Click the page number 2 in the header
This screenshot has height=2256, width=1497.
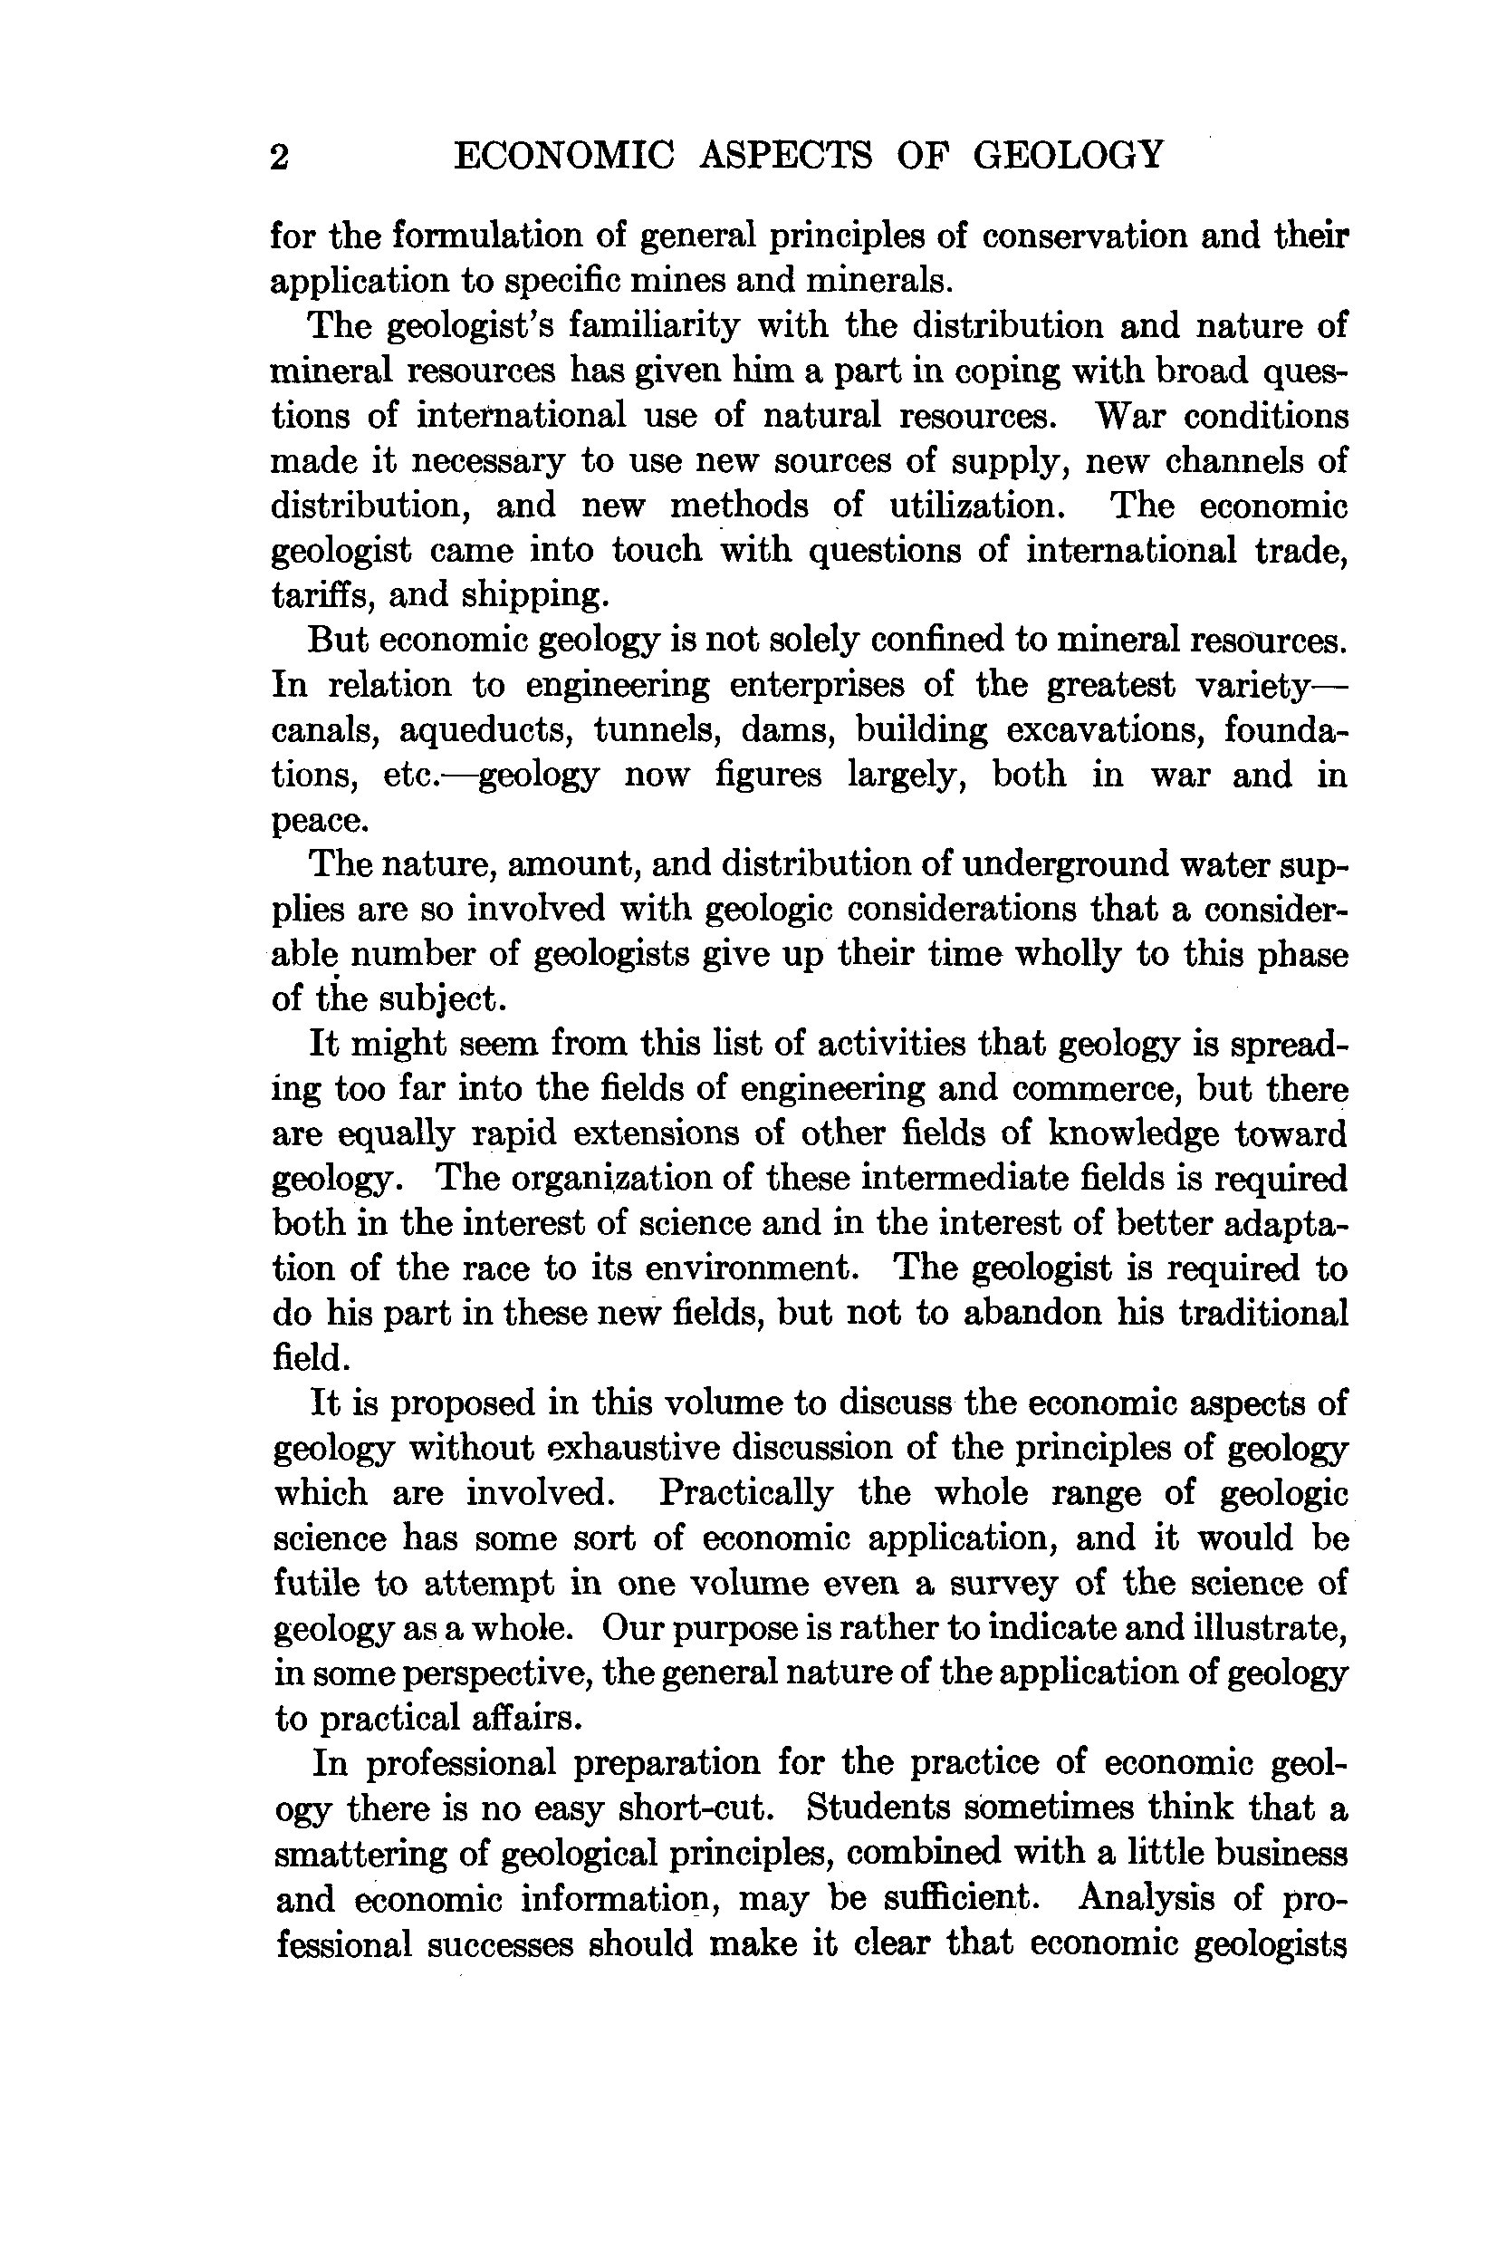pyautogui.click(x=279, y=157)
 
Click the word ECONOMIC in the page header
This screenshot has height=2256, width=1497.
pyautogui.click(x=564, y=155)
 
